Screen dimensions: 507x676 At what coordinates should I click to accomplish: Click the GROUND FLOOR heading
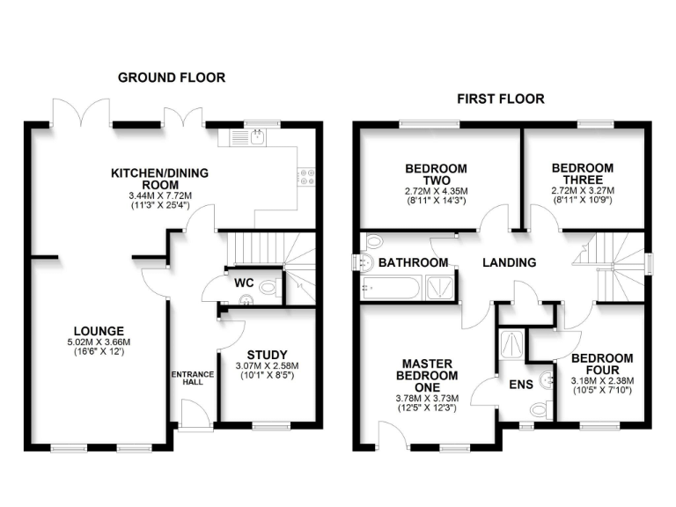click(x=172, y=77)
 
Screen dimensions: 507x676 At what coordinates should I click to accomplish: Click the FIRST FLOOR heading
click(x=500, y=99)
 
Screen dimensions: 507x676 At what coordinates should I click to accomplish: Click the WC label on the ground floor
click(x=245, y=283)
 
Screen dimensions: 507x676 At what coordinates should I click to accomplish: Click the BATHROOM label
click(x=413, y=262)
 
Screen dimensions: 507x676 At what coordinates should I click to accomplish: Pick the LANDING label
click(x=510, y=262)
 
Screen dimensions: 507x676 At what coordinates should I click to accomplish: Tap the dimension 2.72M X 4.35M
click(x=436, y=191)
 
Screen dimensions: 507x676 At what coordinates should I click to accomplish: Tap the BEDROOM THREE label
click(x=582, y=174)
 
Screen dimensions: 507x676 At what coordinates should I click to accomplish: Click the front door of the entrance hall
click(x=195, y=414)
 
